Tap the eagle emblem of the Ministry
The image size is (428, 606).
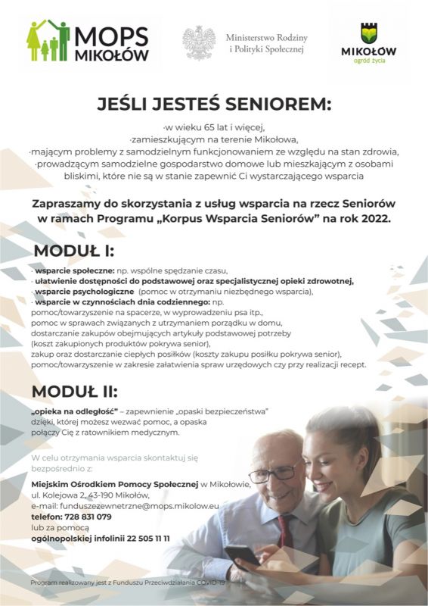(199, 42)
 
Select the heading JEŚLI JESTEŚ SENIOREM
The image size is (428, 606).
(214, 103)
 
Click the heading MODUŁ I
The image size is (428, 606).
(73, 251)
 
